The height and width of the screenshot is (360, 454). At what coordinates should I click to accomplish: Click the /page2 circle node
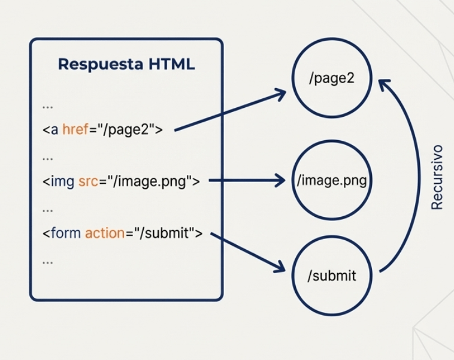[331, 79]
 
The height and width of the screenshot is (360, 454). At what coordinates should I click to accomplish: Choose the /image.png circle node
[331, 180]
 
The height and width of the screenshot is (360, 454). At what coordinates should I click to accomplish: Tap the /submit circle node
[331, 276]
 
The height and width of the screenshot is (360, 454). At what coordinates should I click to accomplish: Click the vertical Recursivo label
[437, 177]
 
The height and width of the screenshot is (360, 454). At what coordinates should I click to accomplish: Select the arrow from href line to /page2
[231, 110]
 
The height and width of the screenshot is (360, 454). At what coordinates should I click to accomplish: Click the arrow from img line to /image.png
[246, 180]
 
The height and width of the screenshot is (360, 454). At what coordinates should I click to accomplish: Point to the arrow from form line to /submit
[247, 252]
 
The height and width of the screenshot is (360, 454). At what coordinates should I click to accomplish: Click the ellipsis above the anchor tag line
[48, 106]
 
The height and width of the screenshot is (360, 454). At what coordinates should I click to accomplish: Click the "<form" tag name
[62, 233]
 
